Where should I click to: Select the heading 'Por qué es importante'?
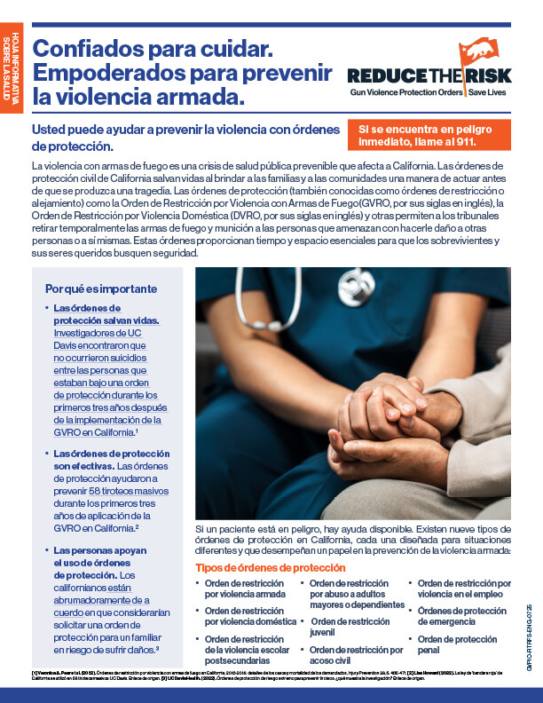101,288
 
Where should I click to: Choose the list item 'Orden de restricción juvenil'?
350,628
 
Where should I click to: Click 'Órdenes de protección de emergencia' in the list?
461,616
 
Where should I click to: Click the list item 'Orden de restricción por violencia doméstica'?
251,616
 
